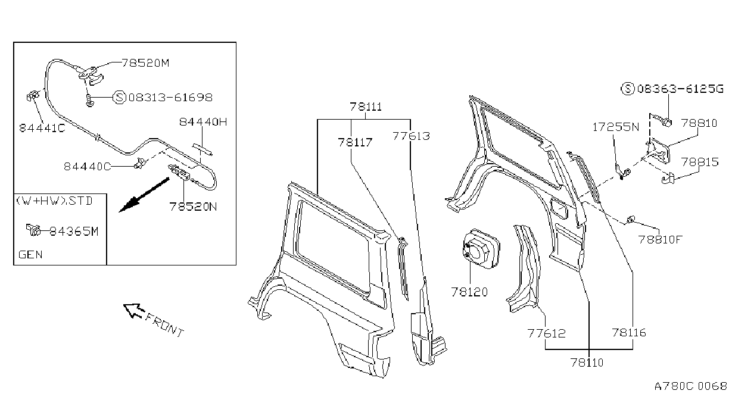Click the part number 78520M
tap(145, 62)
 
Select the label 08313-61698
tap(170, 97)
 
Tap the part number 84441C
tap(42, 128)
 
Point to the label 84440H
tap(203, 122)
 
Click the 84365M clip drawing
tap(33, 230)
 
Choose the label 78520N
tap(193, 207)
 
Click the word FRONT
tap(164, 325)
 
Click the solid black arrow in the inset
tap(144, 195)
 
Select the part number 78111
tap(366, 107)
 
